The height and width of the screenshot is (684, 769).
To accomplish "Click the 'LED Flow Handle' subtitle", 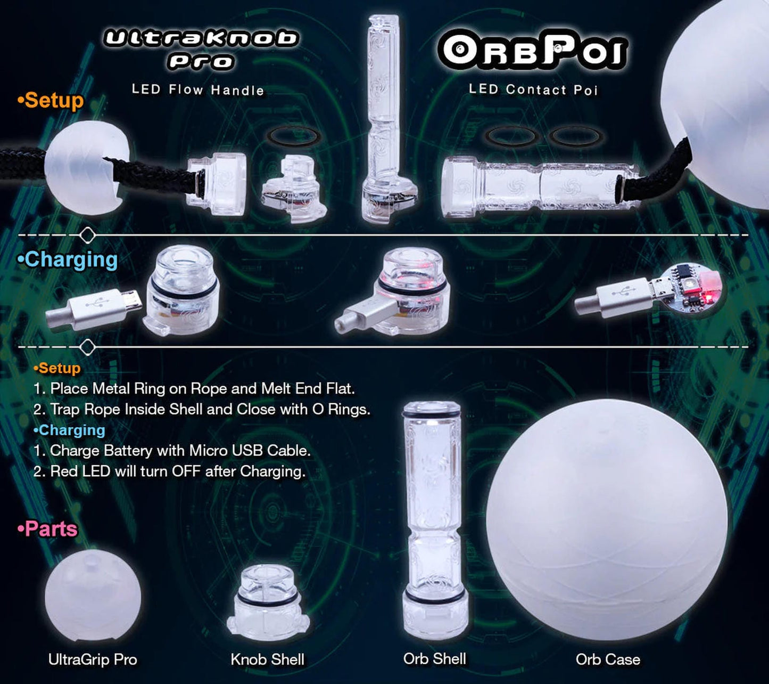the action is click(198, 89).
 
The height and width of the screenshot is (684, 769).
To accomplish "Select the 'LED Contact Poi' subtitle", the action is click(533, 89).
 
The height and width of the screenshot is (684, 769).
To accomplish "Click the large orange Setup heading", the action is click(51, 100).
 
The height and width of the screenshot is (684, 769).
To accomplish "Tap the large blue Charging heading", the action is click(68, 259).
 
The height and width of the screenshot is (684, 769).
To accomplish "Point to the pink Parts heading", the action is click(48, 529).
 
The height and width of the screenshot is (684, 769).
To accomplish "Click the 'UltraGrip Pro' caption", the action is click(93, 659).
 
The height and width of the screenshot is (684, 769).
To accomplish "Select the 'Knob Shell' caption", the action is click(268, 659).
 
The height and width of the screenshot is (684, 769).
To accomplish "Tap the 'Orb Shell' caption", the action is click(435, 659).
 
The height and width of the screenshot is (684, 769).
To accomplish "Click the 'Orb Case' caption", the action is click(608, 659).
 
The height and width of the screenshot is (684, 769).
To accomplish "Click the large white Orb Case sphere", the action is click(607, 519).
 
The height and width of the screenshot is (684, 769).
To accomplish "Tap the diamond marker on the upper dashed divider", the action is click(88, 234).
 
